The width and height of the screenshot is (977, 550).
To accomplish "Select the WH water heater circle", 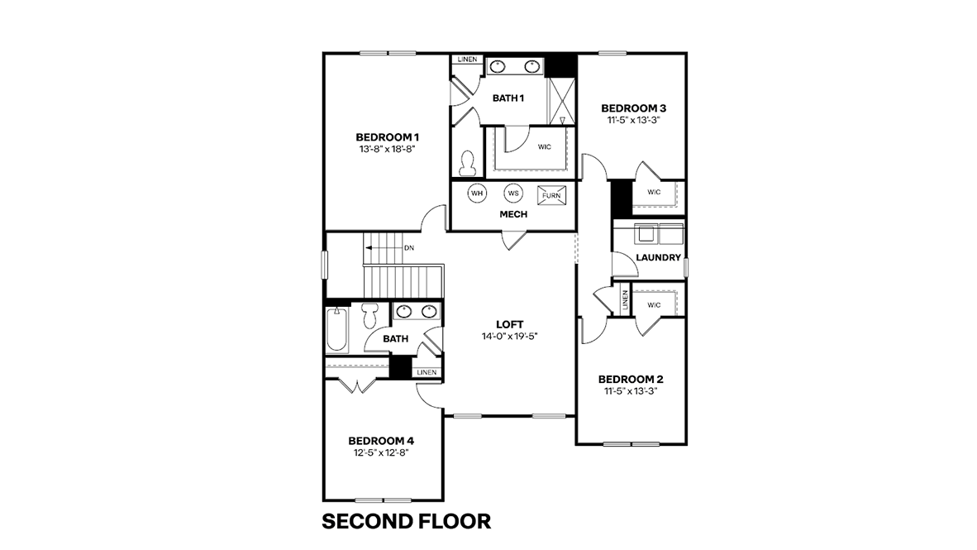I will pos(477,194).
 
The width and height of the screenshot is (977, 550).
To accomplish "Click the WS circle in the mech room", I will pos(512,194).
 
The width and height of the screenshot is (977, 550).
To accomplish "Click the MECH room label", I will pos(513,214).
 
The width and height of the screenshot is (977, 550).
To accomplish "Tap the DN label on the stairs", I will pos(409,247).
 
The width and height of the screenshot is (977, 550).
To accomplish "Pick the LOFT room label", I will pos(509,323).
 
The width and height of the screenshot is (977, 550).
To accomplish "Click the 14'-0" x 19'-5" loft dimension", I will pos(509,337).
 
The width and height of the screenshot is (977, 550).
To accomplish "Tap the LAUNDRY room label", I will pos(658,257).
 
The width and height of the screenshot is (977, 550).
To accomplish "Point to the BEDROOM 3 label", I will pos(633,108).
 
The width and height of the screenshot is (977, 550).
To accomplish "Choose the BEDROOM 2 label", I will pos(631,380).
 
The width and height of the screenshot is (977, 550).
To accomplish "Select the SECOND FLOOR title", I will pos(406,522).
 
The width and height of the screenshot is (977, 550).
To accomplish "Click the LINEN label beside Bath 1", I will pos(467,60).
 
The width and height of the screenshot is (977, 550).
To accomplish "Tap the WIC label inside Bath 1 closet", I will pos(544,147).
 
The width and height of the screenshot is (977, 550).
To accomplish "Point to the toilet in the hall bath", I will pos(370,315).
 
